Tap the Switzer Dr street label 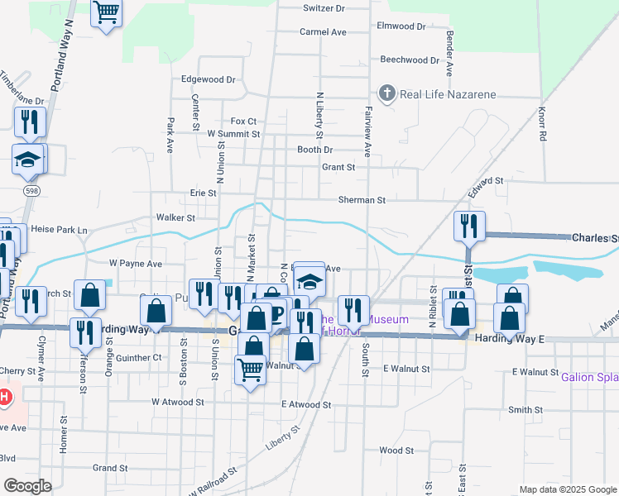pos(324,8)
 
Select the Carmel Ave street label pos(323,32)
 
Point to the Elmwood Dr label pos(401,26)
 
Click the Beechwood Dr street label pos(410,60)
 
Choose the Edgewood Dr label pos(209,80)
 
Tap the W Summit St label pos(233,133)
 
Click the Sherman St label pos(362,200)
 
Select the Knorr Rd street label pos(543,124)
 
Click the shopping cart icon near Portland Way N pos(105,14)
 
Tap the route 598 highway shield pos(31,191)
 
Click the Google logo pos(27,486)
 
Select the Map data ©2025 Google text pos(567,489)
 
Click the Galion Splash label pos(589,377)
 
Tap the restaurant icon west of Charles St pos(468,225)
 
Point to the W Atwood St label pos(183,402)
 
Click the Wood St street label pos(396,451)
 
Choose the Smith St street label pos(525,410)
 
